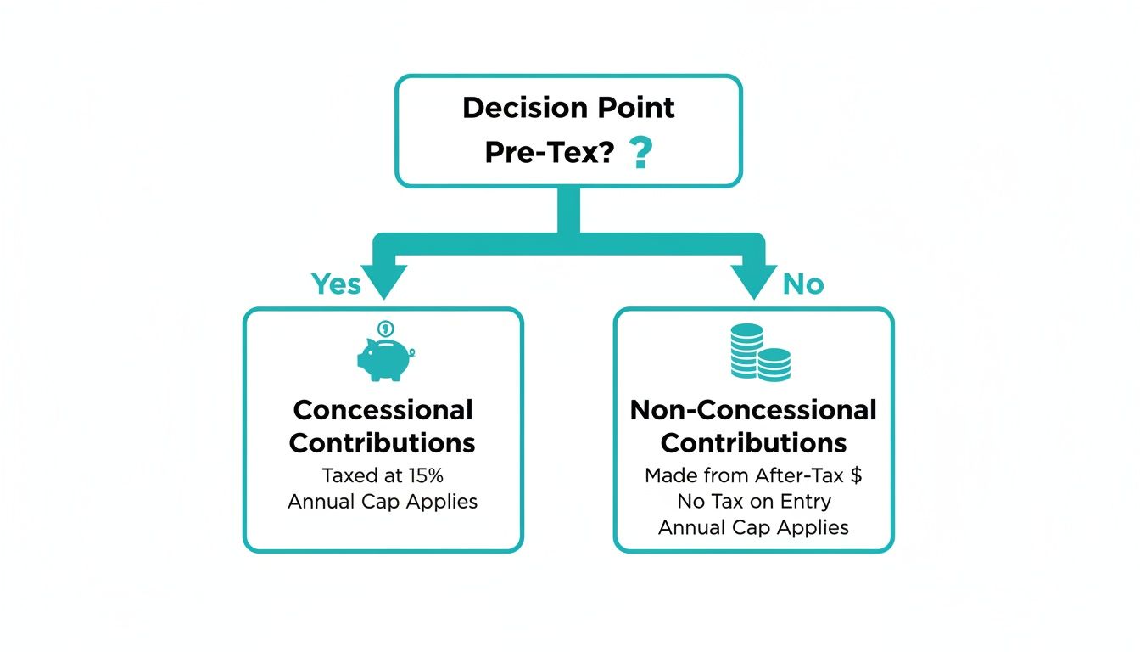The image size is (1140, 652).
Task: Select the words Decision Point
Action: click(x=568, y=108)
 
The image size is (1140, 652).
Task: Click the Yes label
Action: click(x=336, y=284)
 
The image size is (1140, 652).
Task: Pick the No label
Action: click(x=802, y=284)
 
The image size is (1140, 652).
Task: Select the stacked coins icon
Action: click(x=759, y=355)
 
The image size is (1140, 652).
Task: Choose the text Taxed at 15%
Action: click(x=383, y=475)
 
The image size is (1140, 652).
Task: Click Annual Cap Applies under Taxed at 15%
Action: click(x=383, y=501)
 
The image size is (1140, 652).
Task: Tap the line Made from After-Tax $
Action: click(x=753, y=475)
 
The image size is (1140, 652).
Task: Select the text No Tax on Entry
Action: click(x=753, y=501)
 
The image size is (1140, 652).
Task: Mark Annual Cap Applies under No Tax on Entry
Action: click(x=753, y=527)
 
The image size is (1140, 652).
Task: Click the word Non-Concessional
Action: click(x=753, y=410)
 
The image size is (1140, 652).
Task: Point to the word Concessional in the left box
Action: click(x=383, y=410)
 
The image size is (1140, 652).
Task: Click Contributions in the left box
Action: click(x=383, y=443)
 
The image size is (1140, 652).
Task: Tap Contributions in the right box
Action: click(x=753, y=443)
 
